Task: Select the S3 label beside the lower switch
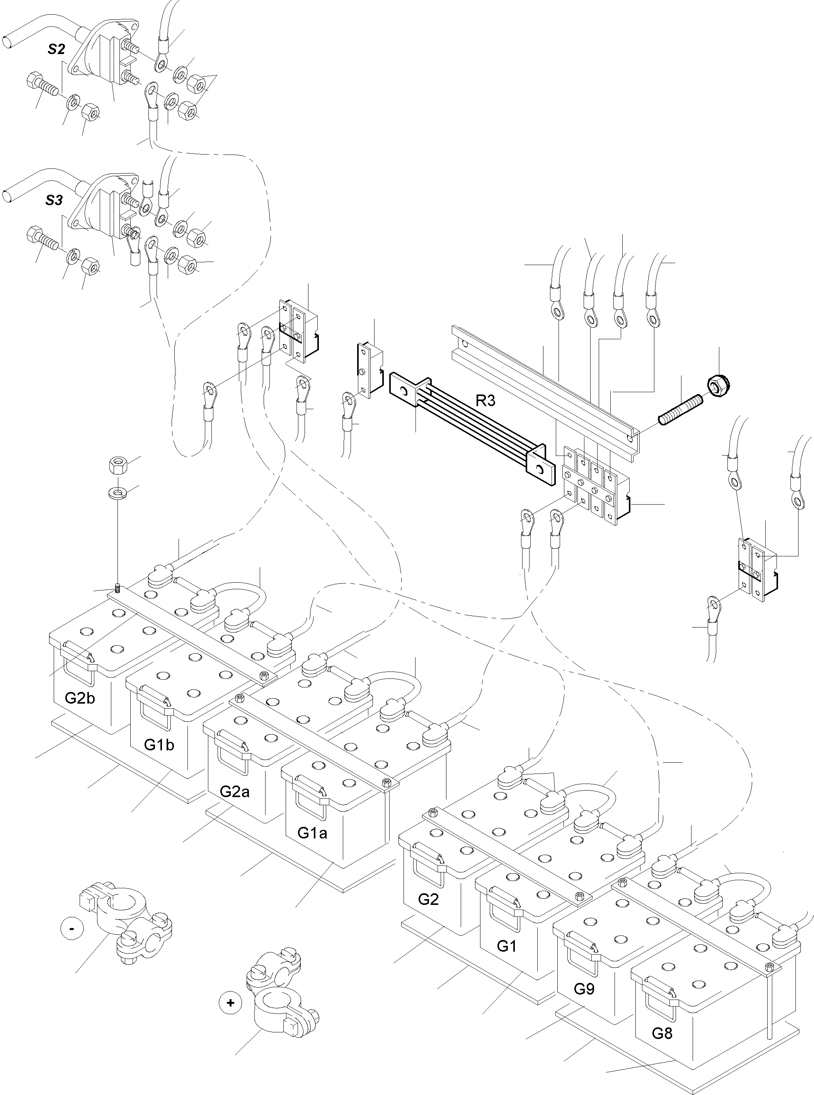[54, 201]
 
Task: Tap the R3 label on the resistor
[485, 400]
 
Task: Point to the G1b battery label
[159, 745]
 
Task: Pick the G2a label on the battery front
[234, 792]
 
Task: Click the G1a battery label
[312, 833]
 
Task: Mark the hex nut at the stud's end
[719, 383]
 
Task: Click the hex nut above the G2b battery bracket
[118, 464]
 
